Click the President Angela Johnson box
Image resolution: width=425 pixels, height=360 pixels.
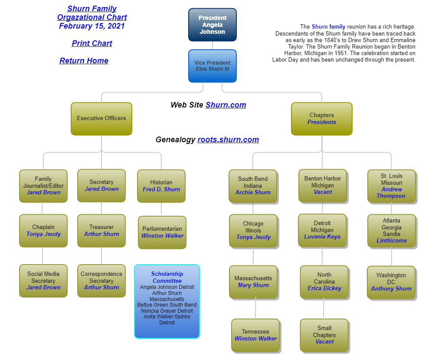(x=212, y=25)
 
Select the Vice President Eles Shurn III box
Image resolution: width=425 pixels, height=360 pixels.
(x=212, y=66)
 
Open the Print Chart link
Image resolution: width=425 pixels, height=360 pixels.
(x=92, y=43)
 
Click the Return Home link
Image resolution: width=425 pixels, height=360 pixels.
(x=84, y=61)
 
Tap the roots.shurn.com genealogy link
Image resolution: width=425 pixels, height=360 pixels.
(x=228, y=140)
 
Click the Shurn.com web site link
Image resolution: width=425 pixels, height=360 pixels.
(x=226, y=105)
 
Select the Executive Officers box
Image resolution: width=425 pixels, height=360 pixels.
(x=101, y=118)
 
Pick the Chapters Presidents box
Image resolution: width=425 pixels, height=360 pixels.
(x=322, y=118)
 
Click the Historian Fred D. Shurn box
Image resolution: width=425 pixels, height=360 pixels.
(x=161, y=186)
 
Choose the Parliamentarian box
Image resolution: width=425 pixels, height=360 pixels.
(x=162, y=232)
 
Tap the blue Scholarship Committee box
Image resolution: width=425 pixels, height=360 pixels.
(x=167, y=301)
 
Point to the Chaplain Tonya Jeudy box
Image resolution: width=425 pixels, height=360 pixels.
(x=43, y=231)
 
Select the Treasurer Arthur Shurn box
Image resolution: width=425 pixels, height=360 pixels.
(x=101, y=231)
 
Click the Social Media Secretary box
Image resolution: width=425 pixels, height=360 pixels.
(x=43, y=281)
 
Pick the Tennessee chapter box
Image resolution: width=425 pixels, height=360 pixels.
(x=255, y=335)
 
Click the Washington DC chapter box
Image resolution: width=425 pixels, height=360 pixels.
(x=391, y=282)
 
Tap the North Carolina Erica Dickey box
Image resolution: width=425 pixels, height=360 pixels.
(x=324, y=282)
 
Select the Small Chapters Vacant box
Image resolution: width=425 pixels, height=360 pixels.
(x=324, y=335)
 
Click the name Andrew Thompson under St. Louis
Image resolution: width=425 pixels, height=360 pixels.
(x=391, y=193)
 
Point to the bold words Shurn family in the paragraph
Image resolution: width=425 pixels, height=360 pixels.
(x=328, y=27)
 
